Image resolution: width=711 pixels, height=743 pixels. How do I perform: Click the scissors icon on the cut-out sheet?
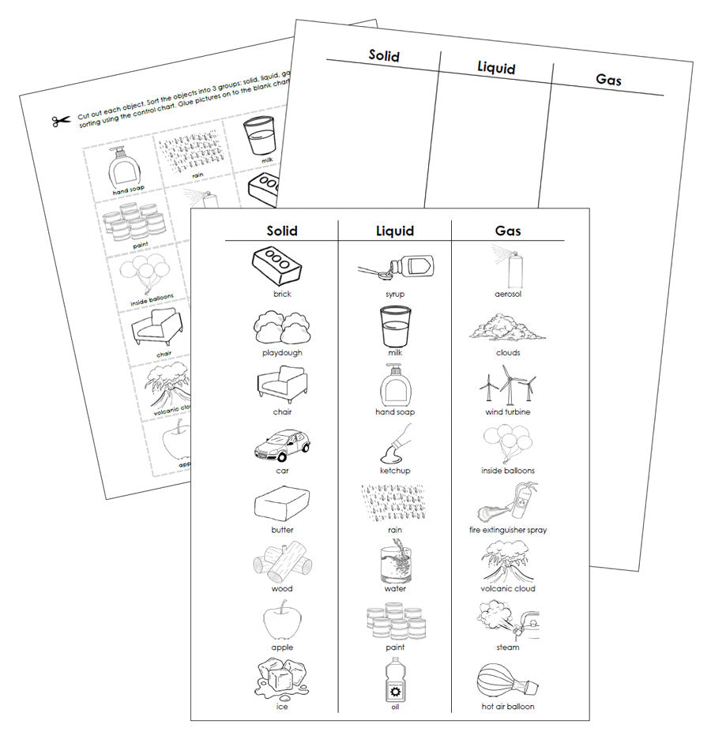61,121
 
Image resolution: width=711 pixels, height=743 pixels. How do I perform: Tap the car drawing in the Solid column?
281,447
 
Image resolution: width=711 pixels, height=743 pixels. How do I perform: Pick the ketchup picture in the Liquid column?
394,445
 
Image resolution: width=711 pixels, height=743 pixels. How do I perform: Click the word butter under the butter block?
282,530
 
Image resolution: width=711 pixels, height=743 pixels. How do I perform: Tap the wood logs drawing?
281,563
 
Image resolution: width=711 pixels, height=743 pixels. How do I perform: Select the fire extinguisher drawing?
509,502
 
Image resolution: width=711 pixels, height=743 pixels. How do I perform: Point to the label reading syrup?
395,294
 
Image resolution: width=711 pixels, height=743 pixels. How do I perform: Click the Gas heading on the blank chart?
608,80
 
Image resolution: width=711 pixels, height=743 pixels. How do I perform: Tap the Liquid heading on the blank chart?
496,67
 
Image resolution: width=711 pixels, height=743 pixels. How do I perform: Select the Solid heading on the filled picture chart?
282,231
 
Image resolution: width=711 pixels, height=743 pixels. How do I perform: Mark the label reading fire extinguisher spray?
508,530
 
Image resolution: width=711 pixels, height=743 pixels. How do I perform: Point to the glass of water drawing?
394,562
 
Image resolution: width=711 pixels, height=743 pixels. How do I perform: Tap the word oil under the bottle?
395,706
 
